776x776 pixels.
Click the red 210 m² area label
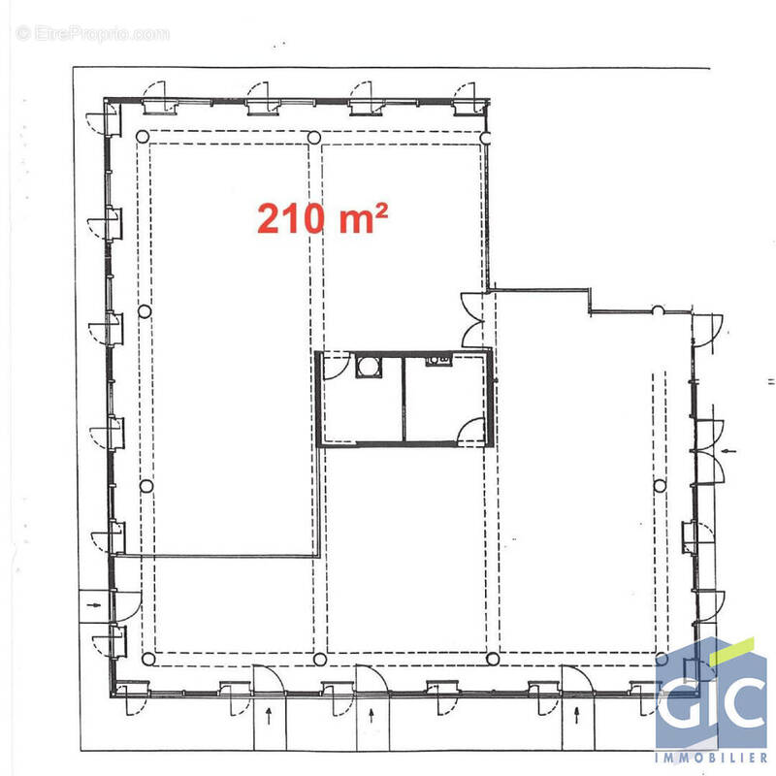click(322, 218)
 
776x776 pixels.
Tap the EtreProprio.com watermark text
click(93, 34)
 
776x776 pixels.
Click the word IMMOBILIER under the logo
click(711, 758)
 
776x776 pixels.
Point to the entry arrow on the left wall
click(94, 604)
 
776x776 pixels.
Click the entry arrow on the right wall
click(729, 451)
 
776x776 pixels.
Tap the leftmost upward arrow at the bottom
click(269, 716)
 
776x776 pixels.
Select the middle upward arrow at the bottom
click(372, 716)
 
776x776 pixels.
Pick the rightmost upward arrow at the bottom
click(576, 716)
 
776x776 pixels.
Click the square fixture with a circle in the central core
click(369, 367)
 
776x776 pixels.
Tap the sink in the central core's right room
click(439, 360)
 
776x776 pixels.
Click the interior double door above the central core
click(472, 319)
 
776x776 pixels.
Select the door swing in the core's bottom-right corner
click(470, 431)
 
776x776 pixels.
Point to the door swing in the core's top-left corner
click(337, 367)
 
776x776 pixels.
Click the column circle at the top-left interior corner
click(142, 137)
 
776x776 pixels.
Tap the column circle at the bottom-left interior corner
click(148, 659)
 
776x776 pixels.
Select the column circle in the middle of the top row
click(313, 137)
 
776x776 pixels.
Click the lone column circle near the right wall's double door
click(660, 486)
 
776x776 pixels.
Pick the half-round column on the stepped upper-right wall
click(658, 309)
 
